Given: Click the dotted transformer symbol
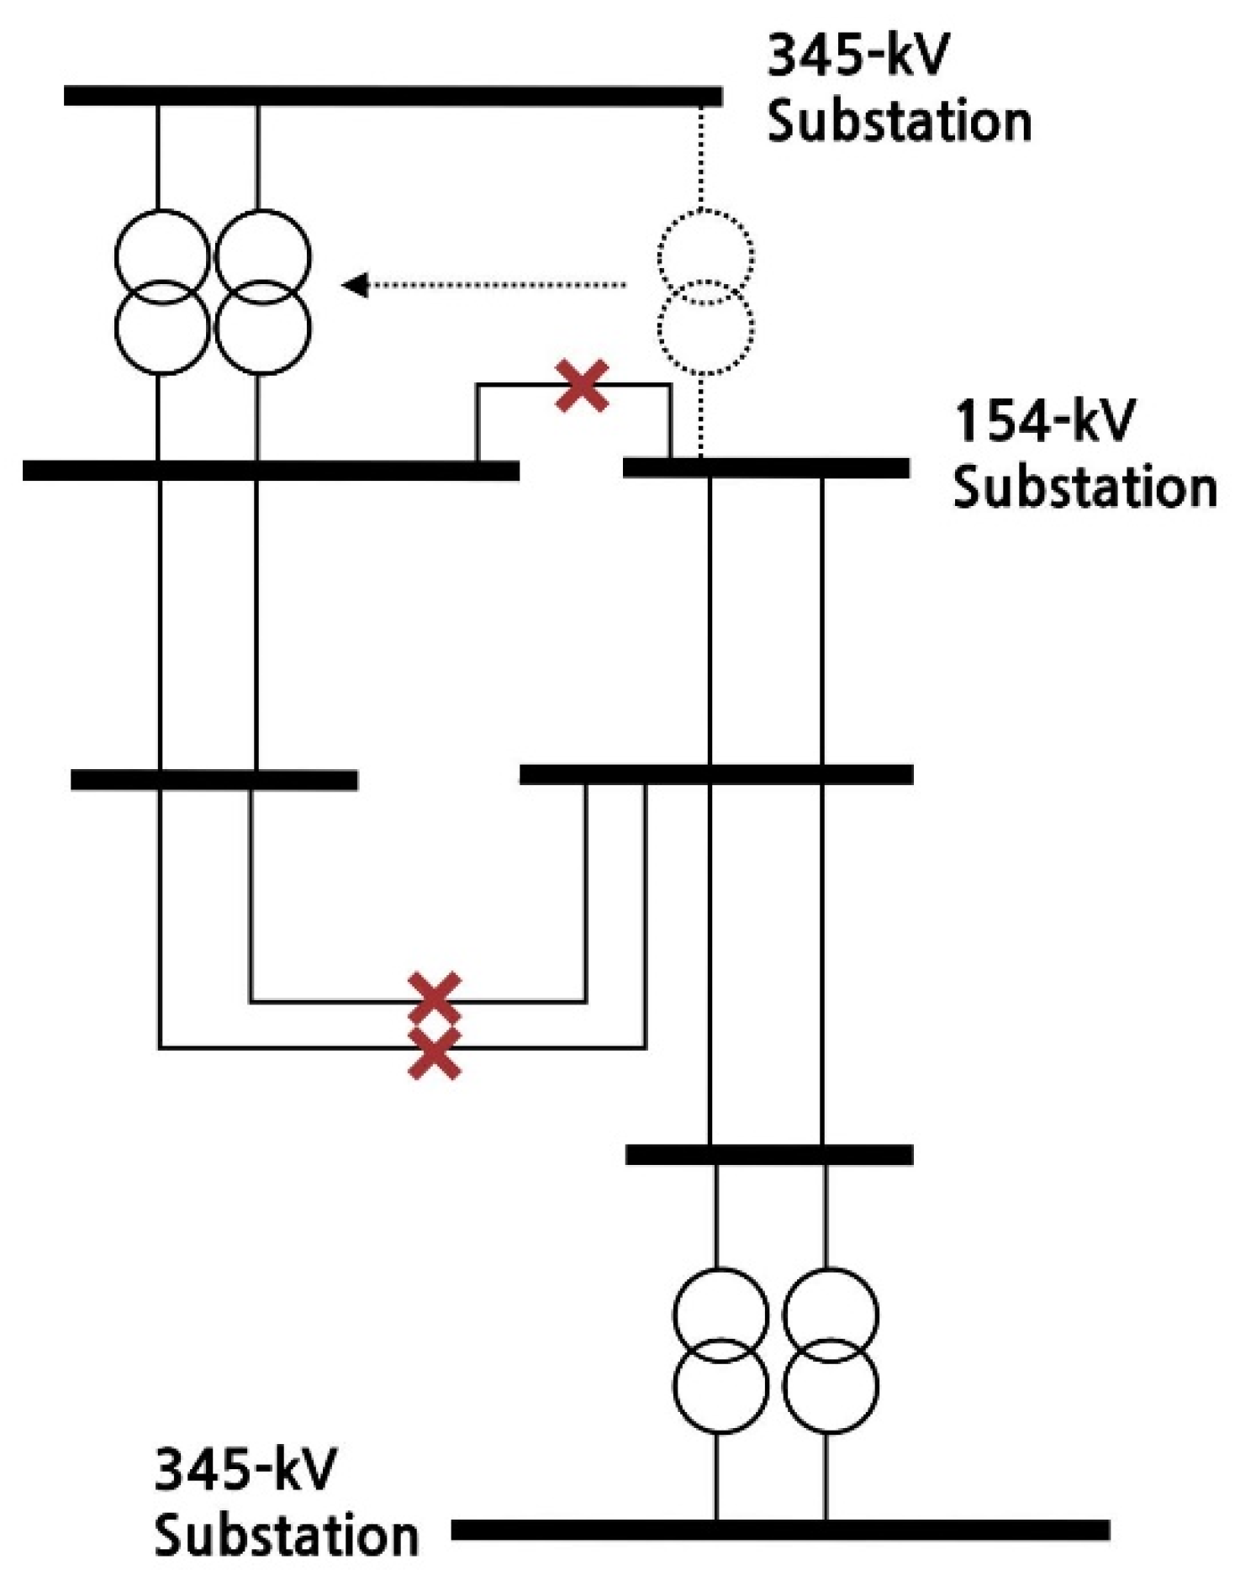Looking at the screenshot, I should pos(705,291).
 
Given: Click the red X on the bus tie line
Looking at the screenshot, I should pos(582,386).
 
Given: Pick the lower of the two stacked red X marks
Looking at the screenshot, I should pos(434,1053).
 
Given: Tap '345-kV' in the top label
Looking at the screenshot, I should pos(858,55).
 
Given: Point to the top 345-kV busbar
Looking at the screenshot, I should pos(393,96).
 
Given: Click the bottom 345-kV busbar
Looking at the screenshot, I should pos(779,1529).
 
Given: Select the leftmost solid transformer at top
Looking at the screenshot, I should pos(161,291).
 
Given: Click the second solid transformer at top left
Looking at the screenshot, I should pos(262,291).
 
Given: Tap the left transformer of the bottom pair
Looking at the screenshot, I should pos(720,1350).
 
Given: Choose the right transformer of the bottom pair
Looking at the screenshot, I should pos(830,1350).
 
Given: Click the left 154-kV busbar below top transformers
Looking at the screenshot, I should pos(271,471).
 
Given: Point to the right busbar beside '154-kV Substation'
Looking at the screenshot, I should pos(766,468).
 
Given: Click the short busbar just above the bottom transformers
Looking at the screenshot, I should pos(769,1155).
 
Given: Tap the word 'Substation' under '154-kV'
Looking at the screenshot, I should pos(1085,487).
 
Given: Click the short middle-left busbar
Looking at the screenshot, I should pos(214,780).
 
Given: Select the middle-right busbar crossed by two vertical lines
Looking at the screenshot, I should pos(716,774).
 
